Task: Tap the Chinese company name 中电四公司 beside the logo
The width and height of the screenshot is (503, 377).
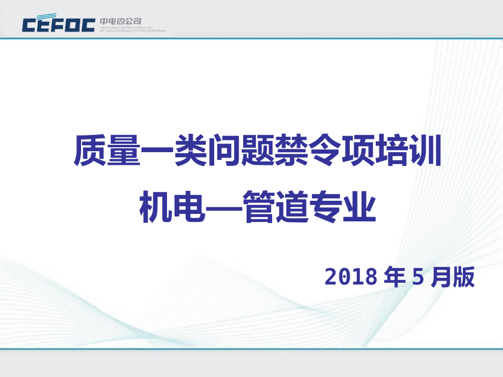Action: (120, 21)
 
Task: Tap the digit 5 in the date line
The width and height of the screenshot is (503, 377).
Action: (418, 278)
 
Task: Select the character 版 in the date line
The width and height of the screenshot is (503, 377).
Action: (464, 278)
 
